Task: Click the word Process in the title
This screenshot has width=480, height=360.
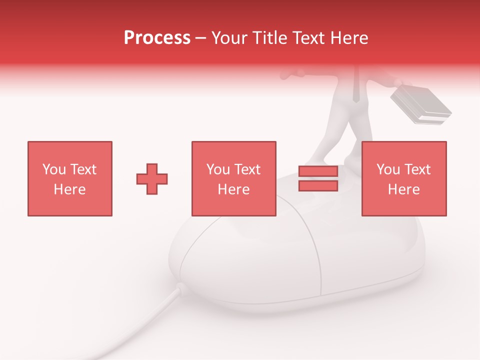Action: click(x=157, y=38)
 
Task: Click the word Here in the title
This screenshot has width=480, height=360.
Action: click(x=349, y=38)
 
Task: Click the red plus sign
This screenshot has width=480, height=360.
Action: click(x=152, y=178)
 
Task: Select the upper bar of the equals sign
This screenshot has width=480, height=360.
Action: click(x=318, y=171)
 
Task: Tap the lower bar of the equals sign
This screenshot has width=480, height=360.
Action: click(x=318, y=186)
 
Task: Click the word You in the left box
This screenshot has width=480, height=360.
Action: click(x=53, y=169)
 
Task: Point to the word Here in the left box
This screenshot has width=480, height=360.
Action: click(x=69, y=189)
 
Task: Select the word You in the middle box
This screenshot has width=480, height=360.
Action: click(x=217, y=169)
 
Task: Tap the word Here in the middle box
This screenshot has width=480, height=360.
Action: click(x=233, y=189)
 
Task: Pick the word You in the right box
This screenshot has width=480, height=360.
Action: click(x=387, y=169)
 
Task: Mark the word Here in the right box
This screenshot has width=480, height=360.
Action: click(x=403, y=189)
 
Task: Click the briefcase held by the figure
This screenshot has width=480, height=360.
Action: click(x=420, y=105)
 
